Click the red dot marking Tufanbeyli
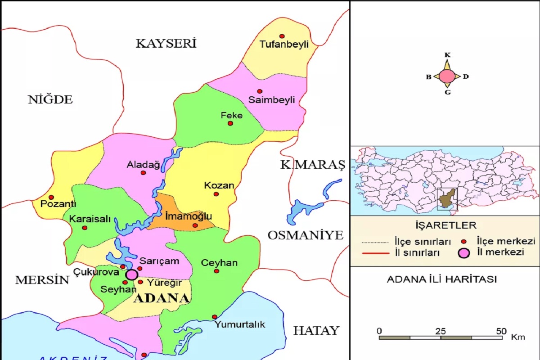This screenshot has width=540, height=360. click(282, 36)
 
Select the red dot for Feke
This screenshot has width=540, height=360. click(230, 123)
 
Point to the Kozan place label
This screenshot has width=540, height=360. click(219, 185)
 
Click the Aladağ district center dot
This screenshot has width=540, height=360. click(143, 173)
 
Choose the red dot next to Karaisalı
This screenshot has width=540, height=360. click(85, 228)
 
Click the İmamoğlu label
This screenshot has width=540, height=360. click(189, 216)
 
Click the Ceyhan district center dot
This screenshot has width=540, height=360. click(216, 271)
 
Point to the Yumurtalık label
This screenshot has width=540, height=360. click(240, 324)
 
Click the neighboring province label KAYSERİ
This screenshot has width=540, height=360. click(166, 44)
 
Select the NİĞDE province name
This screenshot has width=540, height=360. click(50, 99)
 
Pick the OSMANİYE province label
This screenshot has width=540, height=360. click(306, 235)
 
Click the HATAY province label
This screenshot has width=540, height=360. click(316, 331)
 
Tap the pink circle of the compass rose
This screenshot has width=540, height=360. click(447, 76)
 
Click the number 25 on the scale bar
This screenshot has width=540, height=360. click(441, 331)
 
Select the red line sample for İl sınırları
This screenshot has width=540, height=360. click(375, 253)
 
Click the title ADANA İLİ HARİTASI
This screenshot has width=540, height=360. click(441, 279)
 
